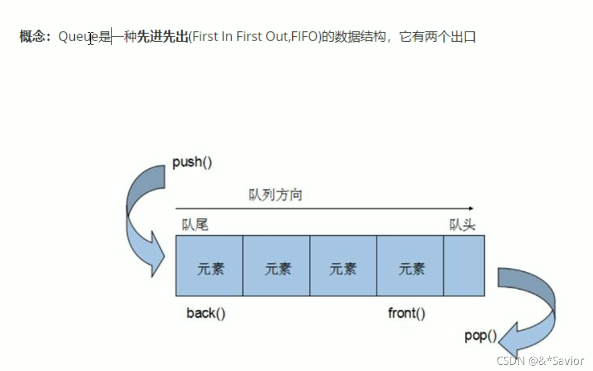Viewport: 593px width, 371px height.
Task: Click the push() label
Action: click(192, 162)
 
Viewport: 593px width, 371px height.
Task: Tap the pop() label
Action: click(480, 336)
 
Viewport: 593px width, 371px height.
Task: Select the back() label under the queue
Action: click(206, 313)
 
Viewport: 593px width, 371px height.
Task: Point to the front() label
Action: click(407, 313)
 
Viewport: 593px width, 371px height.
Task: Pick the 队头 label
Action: click(462, 225)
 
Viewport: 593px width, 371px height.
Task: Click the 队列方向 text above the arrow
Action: click(275, 195)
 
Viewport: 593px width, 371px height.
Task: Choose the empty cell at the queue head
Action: click(464, 266)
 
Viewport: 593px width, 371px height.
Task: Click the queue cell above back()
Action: click(209, 266)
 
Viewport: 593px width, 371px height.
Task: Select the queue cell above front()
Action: click(410, 266)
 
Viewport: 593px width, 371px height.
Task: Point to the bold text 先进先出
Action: click(162, 38)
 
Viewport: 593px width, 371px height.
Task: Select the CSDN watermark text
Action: click(540, 361)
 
